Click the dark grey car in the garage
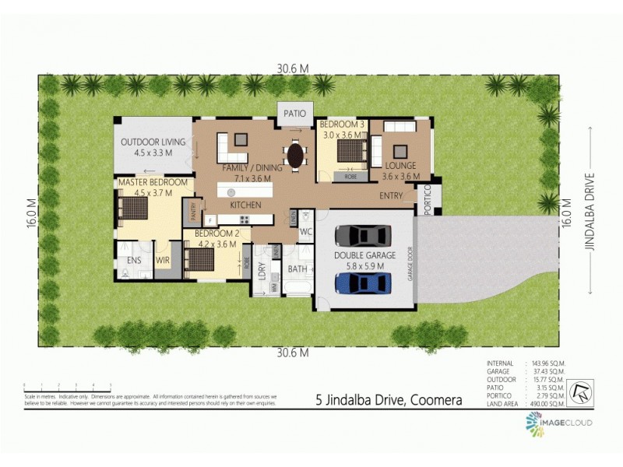[x=363, y=235]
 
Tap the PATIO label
[x=294, y=113]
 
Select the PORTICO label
[x=427, y=201]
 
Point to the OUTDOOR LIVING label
[x=153, y=142]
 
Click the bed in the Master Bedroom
[x=133, y=209]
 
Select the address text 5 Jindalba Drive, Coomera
[x=389, y=401]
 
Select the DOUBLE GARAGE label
[x=365, y=255]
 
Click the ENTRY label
[x=392, y=195]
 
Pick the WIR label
[x=163, y=260]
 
